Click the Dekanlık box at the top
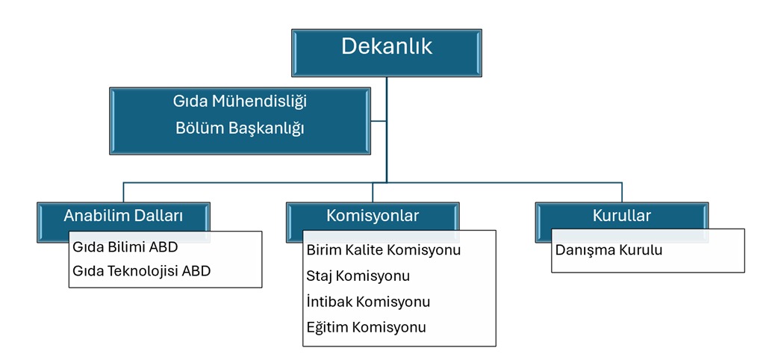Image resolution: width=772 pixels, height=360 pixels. coord(387,53)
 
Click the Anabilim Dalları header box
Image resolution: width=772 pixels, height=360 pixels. coord(124,216)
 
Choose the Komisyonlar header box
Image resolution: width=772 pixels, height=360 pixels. coord(373,216)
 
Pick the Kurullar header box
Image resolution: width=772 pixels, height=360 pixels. coord(622,215)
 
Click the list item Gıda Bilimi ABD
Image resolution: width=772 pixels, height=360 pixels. coord(125,247)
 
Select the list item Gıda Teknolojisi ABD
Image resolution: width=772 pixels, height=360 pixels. coord(141,271)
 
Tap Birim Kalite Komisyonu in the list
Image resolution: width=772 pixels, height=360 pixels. coord(384,250)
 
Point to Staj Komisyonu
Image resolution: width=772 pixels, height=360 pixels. coord(358,276)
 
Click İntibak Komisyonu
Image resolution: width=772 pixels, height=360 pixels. coord(368,302)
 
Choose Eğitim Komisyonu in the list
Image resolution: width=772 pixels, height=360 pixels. coord(367,327)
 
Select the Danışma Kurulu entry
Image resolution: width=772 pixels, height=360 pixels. coord(608,250)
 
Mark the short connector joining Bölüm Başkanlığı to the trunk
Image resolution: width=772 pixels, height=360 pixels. coord(379,121)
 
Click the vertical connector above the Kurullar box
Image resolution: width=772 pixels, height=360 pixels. coord(622,193)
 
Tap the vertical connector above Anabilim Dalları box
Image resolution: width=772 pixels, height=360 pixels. coord(124,193)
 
